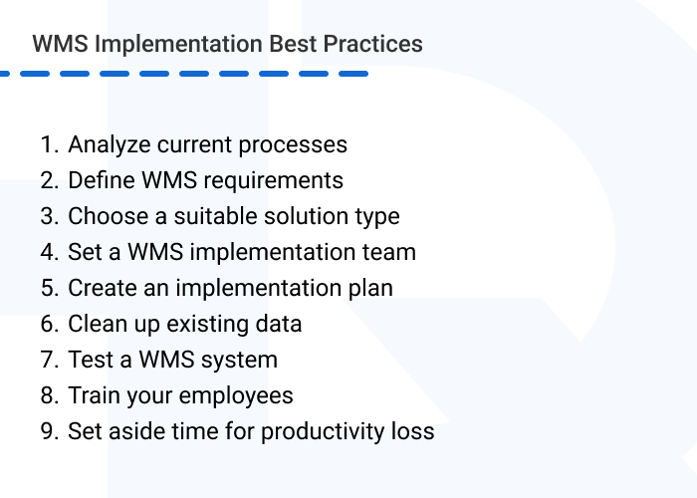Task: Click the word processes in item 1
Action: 297,144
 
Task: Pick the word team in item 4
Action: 390,252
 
